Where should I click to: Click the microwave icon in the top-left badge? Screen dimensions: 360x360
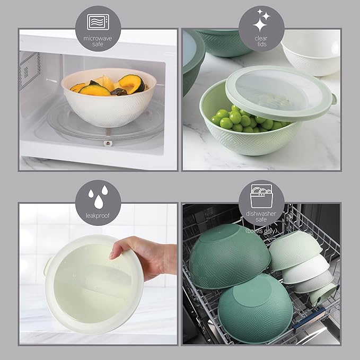pos(96,22)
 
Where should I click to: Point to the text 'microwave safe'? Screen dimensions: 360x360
pos(96,41)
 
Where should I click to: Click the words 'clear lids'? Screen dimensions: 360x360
pos(261,41)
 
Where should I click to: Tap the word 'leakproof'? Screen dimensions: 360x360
pos(96,216)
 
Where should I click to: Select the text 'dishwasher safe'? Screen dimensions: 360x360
pos(261,216)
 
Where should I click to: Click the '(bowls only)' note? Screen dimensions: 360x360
pos(262,230)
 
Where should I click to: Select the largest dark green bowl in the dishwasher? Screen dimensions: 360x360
pos(229,255)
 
